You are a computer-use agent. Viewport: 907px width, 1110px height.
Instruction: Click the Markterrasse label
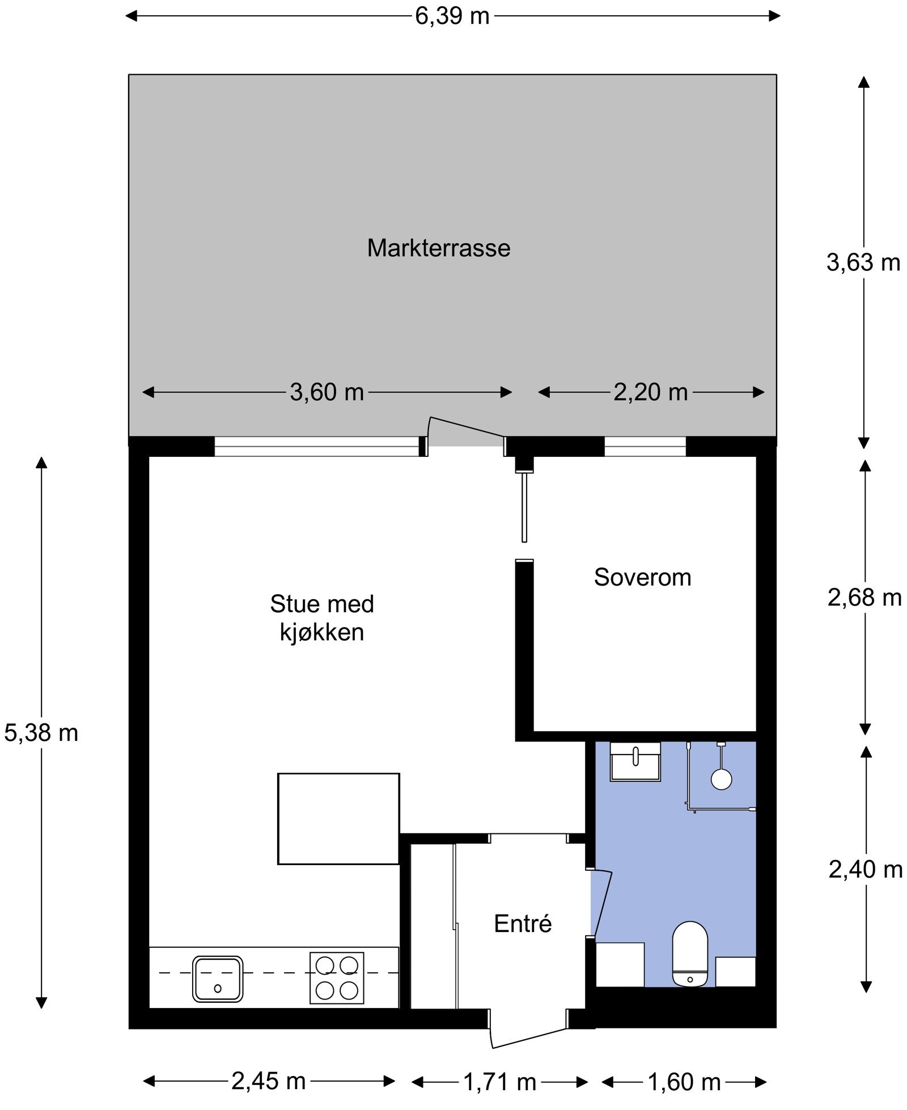click(438, 248)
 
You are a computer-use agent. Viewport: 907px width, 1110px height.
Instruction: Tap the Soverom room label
click(642, 577)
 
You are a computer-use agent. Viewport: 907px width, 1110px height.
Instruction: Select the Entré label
click(522, 923)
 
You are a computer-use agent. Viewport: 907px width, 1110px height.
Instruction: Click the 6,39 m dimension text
click(452, 16)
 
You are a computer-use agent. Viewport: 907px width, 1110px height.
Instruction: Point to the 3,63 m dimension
click(863, 262)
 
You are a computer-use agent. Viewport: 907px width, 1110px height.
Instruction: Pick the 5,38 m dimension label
click(41, 733)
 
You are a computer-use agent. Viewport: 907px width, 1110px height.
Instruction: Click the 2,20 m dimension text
click(650, 392)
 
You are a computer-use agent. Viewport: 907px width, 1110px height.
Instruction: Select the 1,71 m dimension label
click(499, 1082)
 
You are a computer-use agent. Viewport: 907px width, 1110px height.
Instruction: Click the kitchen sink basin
click(218, 979)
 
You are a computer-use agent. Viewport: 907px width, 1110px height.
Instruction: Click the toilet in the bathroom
click(690, 954)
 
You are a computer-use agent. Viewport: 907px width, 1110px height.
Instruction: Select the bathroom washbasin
click(635, 761)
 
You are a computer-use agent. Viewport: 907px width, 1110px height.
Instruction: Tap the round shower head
click(722, 778)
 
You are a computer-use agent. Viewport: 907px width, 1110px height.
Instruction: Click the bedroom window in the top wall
click(645, 446)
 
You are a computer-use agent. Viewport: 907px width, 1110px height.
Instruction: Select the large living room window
click(316, 446)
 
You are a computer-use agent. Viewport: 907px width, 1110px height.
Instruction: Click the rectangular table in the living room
click(338, 819)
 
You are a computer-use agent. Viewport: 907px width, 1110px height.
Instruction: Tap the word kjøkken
click(321, 633)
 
